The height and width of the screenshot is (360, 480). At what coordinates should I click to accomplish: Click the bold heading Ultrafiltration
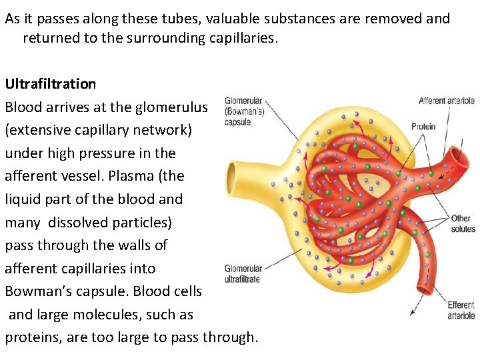click(x=51, y=84)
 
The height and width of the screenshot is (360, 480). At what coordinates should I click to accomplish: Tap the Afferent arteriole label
click(x=446, y=101)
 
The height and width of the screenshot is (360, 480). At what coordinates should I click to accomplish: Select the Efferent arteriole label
click(x=461, y=310)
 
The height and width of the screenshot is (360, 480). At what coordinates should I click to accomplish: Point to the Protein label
click(x=423, y=127)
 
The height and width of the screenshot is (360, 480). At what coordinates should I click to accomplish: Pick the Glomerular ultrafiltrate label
click(x=242, y=274)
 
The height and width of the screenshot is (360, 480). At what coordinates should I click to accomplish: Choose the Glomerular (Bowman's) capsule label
click(x=243, y=111)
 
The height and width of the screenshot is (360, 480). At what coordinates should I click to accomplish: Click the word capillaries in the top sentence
click(x=238, y=38)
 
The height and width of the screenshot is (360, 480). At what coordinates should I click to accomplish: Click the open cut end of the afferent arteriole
click(x=459, y=157)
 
